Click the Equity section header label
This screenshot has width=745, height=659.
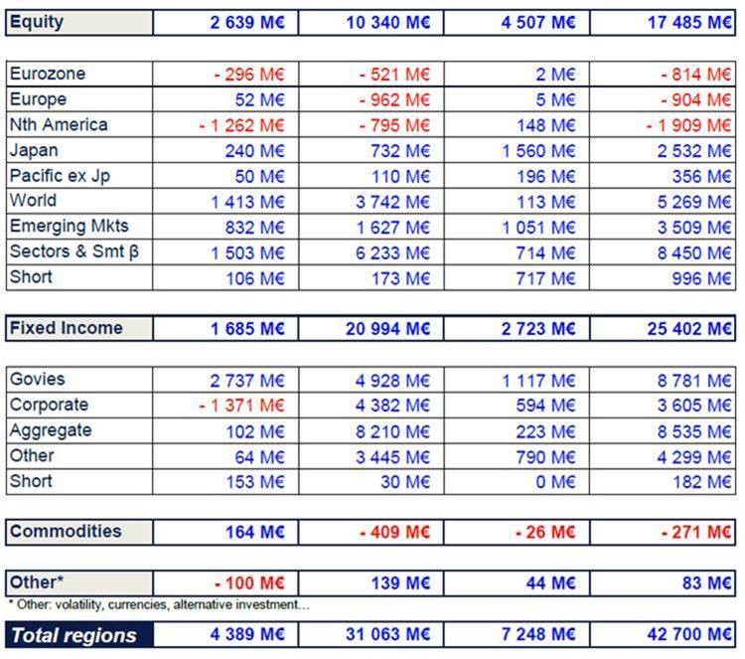(37, 22)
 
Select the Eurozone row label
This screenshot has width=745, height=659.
(48, 74)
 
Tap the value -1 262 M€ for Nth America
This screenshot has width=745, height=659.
(241, 125)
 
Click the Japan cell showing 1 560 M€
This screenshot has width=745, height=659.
(538, 151)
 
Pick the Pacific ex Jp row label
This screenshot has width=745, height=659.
(60, 176)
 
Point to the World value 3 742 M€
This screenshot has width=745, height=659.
(392, 202)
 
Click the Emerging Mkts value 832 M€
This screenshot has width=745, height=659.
(254, 228)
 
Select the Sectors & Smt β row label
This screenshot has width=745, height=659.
(74, 251)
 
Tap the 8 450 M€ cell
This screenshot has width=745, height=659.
(694, 252)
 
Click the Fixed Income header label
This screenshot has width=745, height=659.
(66, 328)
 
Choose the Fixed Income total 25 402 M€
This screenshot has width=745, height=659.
(689, 329)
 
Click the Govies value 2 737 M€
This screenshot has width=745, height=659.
(247, 381)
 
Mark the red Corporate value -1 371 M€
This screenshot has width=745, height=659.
(241, 406)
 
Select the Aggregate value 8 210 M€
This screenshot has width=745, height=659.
(392, 431)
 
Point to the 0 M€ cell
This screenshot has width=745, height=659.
(555, 482)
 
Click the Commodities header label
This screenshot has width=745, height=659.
(66, 531)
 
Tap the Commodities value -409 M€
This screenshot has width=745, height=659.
(394, 532)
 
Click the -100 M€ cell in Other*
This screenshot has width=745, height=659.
(249, 582)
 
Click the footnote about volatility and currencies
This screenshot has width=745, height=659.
(159, 604)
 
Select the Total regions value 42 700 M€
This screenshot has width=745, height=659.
(689, 634)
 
